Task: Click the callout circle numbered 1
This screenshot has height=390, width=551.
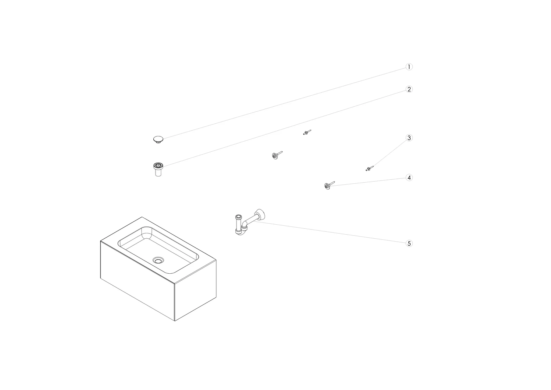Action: point(409,67)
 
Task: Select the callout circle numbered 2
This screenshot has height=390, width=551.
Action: point(409,89)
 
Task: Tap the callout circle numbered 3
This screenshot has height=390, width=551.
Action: point(409,138)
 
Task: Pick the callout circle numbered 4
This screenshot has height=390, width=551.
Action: point(409,178)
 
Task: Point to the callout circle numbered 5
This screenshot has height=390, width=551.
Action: point(409,243)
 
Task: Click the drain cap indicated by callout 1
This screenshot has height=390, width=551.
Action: point(158,140)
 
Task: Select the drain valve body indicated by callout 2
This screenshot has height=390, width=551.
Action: point(158,169)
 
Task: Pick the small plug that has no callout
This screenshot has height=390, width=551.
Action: point(307,132)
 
